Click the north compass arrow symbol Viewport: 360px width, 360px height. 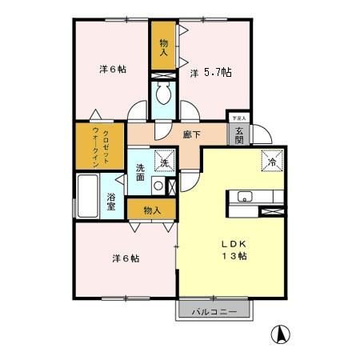click(282, 334)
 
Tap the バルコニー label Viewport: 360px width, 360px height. click(213, 312)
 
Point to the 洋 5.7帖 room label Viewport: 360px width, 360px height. click(211, 73)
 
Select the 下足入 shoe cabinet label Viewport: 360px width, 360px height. click(238, 118)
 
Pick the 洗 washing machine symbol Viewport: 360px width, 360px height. click(165, 162)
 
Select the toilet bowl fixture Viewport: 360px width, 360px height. click(164, 97)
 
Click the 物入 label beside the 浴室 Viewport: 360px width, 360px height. click(152, 210)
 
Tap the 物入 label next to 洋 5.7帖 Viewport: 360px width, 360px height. click(164, 48)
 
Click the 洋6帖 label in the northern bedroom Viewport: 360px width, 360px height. click(113, 69)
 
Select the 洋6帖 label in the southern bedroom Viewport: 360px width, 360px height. click(126, 258)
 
